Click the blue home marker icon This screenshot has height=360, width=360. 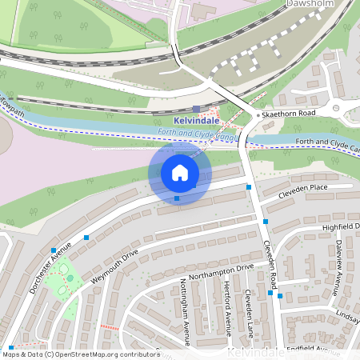click(180, 173)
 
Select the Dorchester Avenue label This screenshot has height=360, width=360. click(51, 266)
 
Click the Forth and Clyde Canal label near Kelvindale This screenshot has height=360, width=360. click(195, 136)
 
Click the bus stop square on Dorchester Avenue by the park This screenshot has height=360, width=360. click(54, 250)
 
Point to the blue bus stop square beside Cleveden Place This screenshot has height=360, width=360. click(249, 187)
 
